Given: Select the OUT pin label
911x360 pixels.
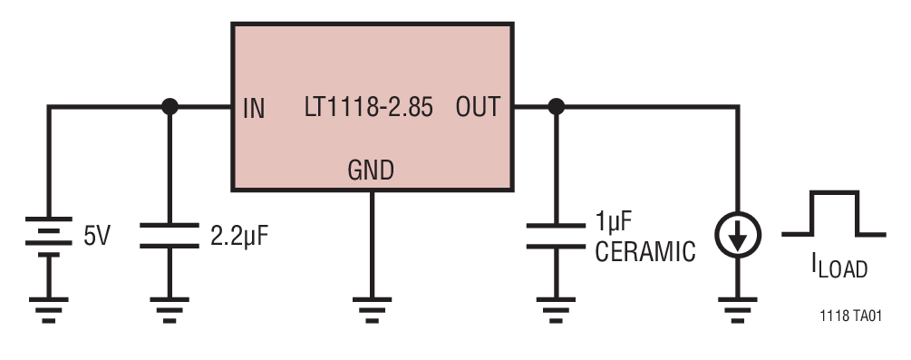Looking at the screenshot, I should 477,108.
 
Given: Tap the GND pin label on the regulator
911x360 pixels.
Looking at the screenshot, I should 371,170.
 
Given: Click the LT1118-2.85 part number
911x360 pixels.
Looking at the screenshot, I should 368,108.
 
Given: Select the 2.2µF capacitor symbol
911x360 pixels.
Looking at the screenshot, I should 169,237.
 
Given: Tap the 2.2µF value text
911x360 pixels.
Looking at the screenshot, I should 240,238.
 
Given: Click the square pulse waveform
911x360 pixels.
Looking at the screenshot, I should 833,214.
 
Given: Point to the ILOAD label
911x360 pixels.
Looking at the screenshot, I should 838,267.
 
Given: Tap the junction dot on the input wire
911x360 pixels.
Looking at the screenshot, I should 169,107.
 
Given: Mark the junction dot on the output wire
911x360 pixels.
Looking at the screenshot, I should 557,107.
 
